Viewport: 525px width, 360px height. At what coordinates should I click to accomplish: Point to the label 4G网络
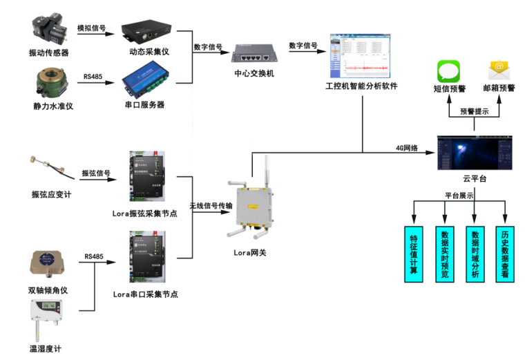tap(407, 147)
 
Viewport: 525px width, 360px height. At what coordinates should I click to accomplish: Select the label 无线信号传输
tap(211, 207)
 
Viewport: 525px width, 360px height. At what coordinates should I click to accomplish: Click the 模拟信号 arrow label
tap(91, 28)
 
